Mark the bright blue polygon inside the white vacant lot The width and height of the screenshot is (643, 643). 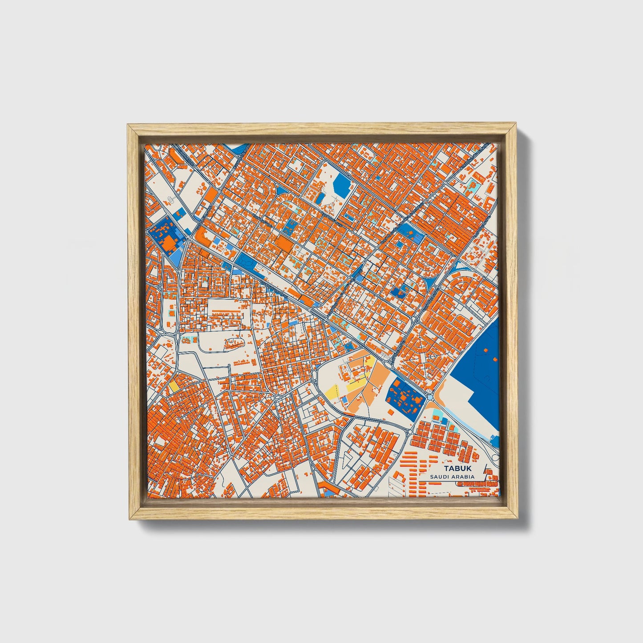pyautogui.click(x=342, y=182)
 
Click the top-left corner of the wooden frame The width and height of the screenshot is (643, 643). pyautogui.click(x=128, y=125)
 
